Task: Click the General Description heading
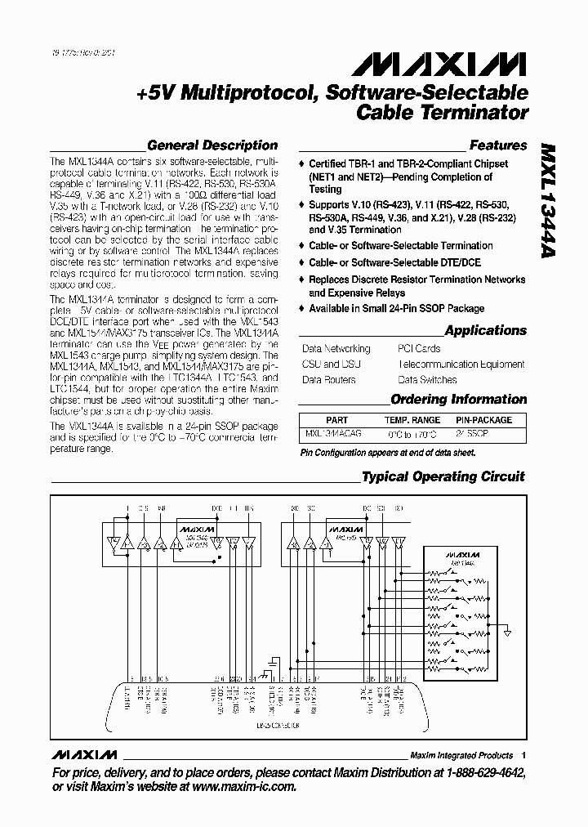pos(212,145)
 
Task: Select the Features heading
pos(498,145)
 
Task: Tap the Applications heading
pos(486,331)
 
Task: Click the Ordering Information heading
pos(459,400)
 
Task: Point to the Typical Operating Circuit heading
pos(443,476)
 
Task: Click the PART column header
pos(336,419)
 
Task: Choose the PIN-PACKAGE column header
pos(484,419)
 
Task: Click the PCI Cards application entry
pos(419,349)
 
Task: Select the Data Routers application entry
pos(329,380)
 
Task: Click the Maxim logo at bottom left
pos(84,755)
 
